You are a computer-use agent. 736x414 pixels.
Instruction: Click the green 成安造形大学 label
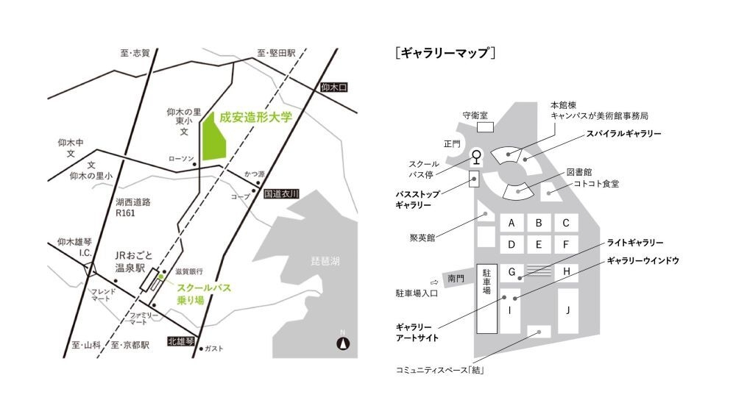pos(256,116)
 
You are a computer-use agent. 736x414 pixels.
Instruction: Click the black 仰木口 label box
pos(333,88)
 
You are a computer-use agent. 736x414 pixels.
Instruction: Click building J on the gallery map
pos(567,310)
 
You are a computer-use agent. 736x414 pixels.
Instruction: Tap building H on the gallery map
pos(567,271)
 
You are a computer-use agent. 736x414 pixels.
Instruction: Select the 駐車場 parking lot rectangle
pos(486,297)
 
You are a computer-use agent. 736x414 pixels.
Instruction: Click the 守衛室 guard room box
pos(486,127)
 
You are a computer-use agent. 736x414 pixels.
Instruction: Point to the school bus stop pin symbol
pos(477,157)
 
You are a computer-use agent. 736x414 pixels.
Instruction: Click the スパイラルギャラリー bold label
pos(624,135)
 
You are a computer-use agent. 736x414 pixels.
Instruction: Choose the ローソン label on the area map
pos(180,158)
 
